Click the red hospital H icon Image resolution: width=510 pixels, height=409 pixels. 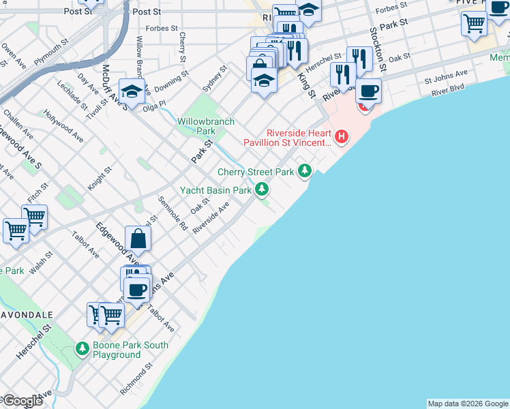point(341,138)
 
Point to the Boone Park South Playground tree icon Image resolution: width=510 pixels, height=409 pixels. point(82,349)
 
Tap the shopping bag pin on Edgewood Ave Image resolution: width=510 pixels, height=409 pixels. point(138,239)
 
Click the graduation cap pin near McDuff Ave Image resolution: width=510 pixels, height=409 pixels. point(131,91)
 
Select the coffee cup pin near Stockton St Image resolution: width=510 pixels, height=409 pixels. point(369,90)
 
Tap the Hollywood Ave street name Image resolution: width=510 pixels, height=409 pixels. point(63,125)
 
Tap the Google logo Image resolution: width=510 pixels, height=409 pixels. point(22,401)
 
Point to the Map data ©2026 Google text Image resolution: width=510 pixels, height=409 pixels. point(468,404)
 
